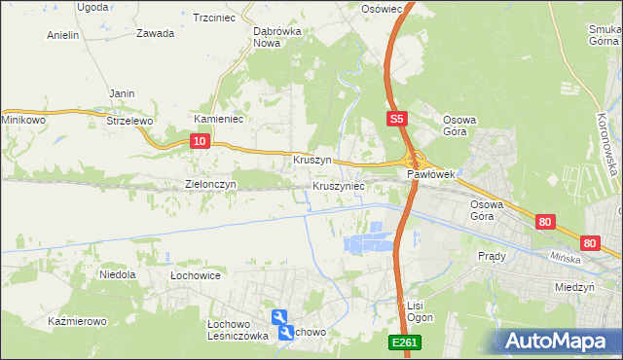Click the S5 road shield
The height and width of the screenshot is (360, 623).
(394, 119)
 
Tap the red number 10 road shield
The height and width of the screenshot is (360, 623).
(199, 141)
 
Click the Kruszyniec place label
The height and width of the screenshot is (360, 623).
(339, 185)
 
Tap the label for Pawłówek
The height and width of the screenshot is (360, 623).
(432, 174)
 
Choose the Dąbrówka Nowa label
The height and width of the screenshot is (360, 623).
(274, 36)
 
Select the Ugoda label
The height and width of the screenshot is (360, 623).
(92, 6)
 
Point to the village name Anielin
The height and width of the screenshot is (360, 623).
(62, 35)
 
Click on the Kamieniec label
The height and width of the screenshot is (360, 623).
(218, 119)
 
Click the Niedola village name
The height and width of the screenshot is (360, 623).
(117, 275)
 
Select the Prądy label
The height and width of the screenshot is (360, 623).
(492, 256)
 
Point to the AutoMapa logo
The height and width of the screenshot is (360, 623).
(560, 340)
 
